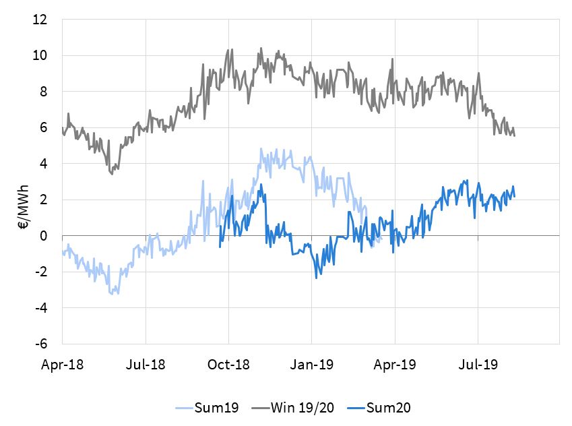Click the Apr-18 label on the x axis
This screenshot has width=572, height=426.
(x=62, y=365)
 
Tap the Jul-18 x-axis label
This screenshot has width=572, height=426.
(x=146, y=365)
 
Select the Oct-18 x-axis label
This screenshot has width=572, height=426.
(x=229, y=365)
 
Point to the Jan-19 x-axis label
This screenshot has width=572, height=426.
(x=312, y=365)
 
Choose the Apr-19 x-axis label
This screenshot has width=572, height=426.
(x=395, y=365)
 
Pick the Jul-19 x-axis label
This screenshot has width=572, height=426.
(x=478, y=365)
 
